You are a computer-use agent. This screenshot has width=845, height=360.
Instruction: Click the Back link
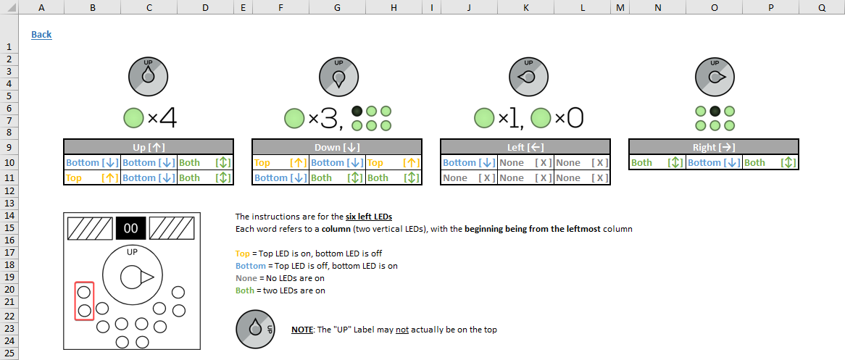41,35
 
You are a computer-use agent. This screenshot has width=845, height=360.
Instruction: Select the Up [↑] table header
149,147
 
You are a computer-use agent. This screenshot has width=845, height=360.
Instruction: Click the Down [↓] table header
337,147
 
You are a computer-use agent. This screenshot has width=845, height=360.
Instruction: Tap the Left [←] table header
525,147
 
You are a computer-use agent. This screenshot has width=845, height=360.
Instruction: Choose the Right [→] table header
714,147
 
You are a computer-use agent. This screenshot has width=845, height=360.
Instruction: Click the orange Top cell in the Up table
92,177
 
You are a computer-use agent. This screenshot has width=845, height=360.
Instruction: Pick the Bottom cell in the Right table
714,163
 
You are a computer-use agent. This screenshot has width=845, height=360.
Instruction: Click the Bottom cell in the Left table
469,163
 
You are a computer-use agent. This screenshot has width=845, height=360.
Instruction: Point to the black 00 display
131,229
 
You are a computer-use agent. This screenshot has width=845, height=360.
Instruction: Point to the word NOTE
302,330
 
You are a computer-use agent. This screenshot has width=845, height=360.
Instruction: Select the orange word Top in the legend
242,254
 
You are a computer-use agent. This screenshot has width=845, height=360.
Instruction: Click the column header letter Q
821,7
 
